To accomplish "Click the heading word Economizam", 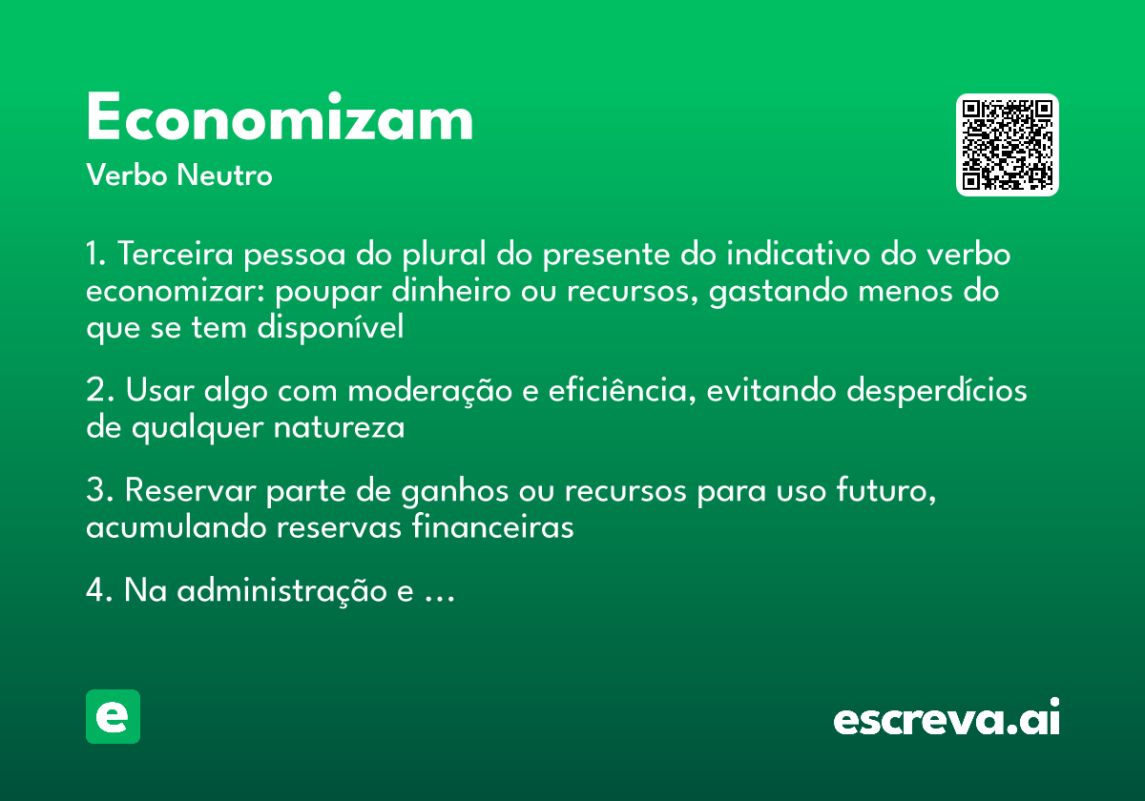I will pos(280,119).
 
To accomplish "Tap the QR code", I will pos(1008,145).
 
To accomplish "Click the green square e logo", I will pos(113,716).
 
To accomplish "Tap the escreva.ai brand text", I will pos(947,719).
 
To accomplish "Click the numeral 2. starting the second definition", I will pos(100,391).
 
